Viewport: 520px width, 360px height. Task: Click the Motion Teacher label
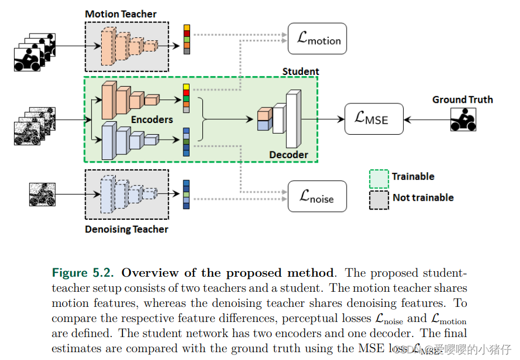(121, 14)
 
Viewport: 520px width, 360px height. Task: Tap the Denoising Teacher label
(126, 229)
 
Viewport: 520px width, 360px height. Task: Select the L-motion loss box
(318, 39)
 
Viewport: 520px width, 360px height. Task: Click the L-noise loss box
(317, 196)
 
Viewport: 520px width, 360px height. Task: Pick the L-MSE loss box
(374, 119)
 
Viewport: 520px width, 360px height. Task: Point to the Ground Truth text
(462, 100)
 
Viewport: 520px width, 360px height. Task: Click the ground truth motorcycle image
(463, 119)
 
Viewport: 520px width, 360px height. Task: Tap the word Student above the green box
(300, 72)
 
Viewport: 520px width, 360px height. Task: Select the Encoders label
(152, 120)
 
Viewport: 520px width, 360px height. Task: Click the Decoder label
(289, 155)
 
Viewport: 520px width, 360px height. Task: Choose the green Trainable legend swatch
(379, 178)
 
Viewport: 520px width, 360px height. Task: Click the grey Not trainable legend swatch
(379, 199)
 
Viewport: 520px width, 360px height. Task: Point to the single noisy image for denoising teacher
(42, 195)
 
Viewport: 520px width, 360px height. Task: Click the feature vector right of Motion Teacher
(187, 39)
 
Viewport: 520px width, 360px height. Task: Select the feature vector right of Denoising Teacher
(186, 195)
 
